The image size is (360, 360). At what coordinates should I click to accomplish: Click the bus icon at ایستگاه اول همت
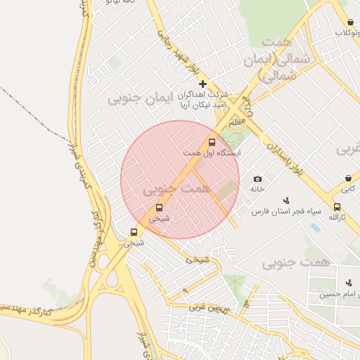[x=212, y=141]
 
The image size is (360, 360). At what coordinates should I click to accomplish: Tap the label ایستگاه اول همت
[x=212, y=153]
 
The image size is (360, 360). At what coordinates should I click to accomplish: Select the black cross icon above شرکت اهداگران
[x=203, y=84]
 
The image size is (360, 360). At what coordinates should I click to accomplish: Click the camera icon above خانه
[x=257, y=179]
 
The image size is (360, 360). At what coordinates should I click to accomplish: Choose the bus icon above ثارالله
[x=337, y=207]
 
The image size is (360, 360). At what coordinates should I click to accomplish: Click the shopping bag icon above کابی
[x=349, y=179]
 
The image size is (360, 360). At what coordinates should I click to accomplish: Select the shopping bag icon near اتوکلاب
[x=350, y=22]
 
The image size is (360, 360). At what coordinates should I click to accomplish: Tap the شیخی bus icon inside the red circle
[x=160, y=208]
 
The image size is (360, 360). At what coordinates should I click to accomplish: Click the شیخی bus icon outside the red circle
[x=134, y=232]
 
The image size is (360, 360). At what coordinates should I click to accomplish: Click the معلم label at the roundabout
[x=238, y=122]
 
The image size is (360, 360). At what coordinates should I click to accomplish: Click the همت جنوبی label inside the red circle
[x=176, y=189]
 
